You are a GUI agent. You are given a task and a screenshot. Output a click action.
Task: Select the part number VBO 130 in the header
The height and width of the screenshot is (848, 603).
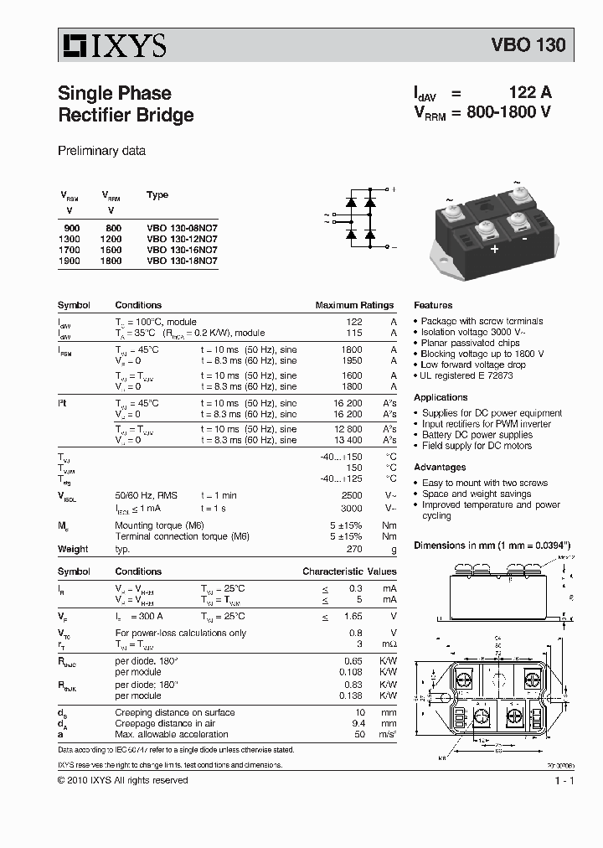click(x=528, y=46)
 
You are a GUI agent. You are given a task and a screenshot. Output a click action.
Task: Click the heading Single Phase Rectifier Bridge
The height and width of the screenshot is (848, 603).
click(x=126, y=104)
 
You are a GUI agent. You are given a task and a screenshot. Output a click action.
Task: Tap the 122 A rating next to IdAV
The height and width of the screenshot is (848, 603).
click(x=530, y=93)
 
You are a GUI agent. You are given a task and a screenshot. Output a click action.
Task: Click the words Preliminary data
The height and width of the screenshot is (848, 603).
click(x=101, y=152)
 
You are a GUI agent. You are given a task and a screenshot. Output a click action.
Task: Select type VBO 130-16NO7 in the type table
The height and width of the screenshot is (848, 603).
click(x=182, y=250)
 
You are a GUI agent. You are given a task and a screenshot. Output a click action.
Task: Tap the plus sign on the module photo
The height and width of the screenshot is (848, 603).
click(x=494, y=249)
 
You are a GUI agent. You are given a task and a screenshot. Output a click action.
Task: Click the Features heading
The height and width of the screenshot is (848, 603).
click(x=433, y=306)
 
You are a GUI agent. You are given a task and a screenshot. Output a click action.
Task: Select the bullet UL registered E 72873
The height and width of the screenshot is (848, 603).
click(x=466, y=376)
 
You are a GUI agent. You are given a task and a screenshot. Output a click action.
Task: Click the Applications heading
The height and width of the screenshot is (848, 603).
click(x=441, y=397)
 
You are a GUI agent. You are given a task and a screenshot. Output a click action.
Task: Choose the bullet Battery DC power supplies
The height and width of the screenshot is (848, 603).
click(x=477, y=435)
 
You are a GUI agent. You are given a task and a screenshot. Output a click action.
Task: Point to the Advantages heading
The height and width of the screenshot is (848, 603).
click(x=440, y=467)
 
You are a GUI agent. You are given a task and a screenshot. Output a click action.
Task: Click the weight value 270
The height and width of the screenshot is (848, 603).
click(x=353, y=549)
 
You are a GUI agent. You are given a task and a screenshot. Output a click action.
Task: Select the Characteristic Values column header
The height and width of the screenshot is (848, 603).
click(x=349, y=571)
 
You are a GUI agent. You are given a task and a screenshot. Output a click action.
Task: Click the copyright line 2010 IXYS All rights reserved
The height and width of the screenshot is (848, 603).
click(x=122, y=780)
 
